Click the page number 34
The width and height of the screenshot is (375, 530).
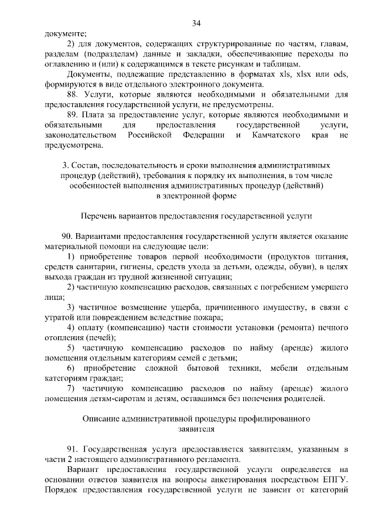tap(196, 23)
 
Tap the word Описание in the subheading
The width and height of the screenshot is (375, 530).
tap(101, 419)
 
